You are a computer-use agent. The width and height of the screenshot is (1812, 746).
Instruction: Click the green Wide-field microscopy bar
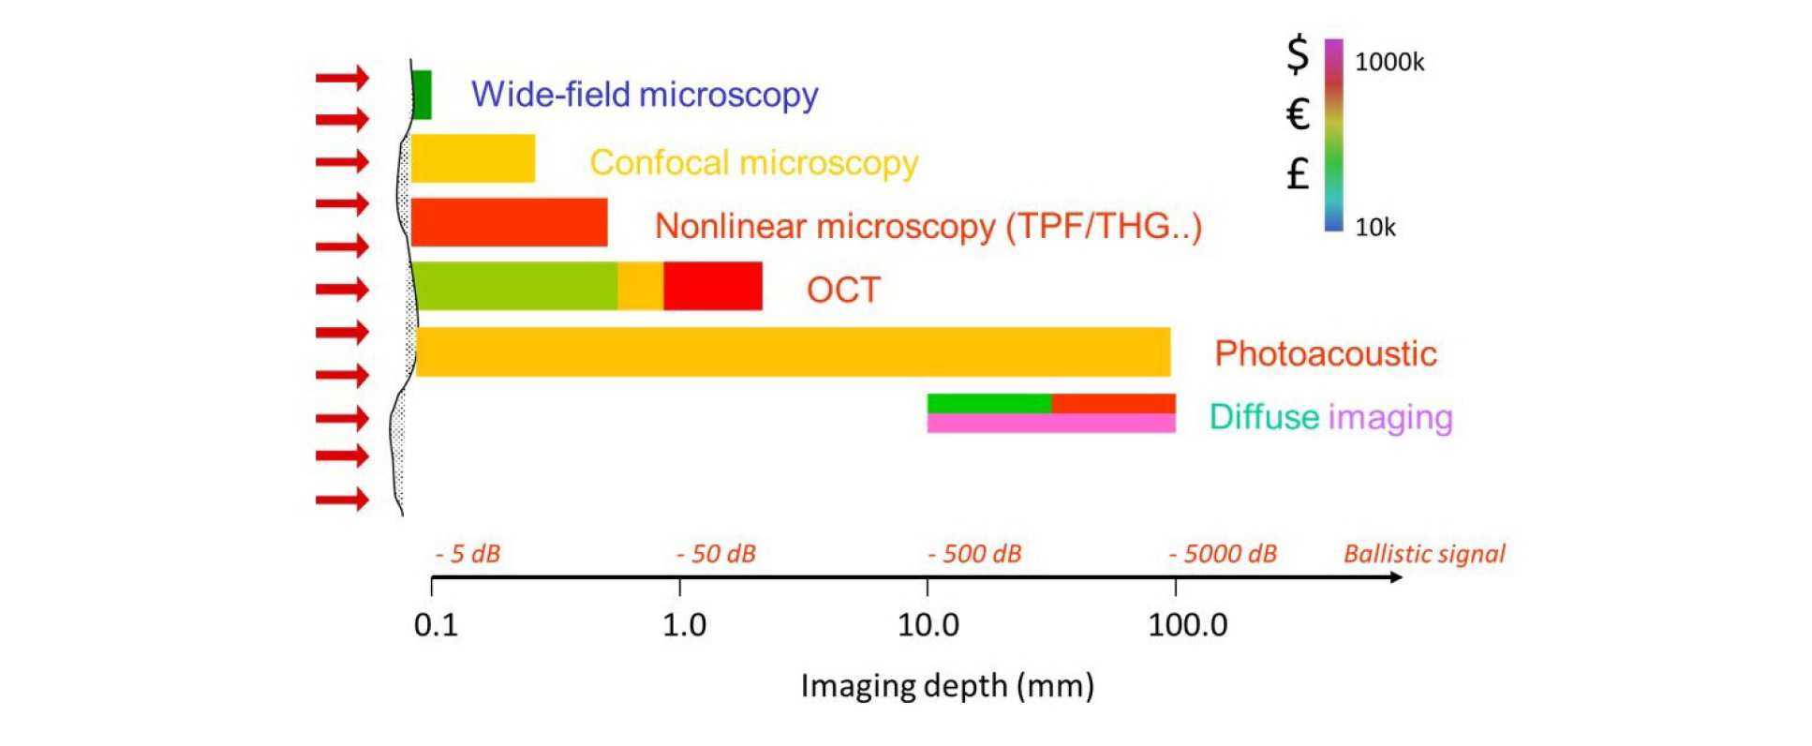pyautogui.click(x=422, y=95)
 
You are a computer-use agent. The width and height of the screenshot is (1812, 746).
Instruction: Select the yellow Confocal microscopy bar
pyautogui.click(x=473, y=158)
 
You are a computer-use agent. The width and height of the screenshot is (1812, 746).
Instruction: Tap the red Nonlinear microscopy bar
pyautogui.click(x=509, y=222)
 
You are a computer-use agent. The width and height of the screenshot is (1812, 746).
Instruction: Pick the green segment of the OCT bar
pyautogui.click(x=515, y=286)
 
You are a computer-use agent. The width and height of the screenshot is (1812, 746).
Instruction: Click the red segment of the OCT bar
pyautogui.click(x=712, y=286)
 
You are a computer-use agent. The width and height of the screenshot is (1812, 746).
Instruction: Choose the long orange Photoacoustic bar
pyautogui.click(x=793, y=351)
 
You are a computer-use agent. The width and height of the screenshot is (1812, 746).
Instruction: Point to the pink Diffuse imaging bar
pyautogui.click(x=1050, y=424)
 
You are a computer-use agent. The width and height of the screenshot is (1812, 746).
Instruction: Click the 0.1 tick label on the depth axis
pyautogui.click(x=436, y=625)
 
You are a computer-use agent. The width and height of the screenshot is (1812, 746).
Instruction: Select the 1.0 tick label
pyautogui.click(x=684, y=625)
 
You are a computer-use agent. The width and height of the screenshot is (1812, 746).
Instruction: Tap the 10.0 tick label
pyautogui.click(x=928, y=625)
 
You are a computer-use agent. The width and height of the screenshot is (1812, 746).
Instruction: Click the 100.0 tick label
pyautogui.click(x=1187, y=625)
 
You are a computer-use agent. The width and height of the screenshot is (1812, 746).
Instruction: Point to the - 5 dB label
pyautogui.click(x=468, y=554)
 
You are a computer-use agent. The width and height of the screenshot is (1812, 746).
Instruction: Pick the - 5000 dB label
pyautogui.click(x=1223, y=554)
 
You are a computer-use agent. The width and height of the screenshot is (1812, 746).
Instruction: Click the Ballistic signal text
pyautogui.click(x=1424, y=554)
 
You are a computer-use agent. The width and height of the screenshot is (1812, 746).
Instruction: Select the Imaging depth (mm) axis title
pyautogui.click(x=946, y=686)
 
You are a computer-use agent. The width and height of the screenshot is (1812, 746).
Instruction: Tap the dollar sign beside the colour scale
pyautogui.click(x=1297, y=54)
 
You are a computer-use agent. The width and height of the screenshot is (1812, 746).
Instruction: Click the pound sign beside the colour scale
pyautogui.click(x=1297, y=173)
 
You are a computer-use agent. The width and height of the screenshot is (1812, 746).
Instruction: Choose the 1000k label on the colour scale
pyautogui.click(x=1389, y=63)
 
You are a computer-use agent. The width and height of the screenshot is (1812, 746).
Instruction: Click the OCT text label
pyautogui.click(x=843, y=290)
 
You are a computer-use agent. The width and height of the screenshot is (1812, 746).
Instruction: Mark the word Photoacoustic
pyautogui.click(x=1325, y=353)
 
